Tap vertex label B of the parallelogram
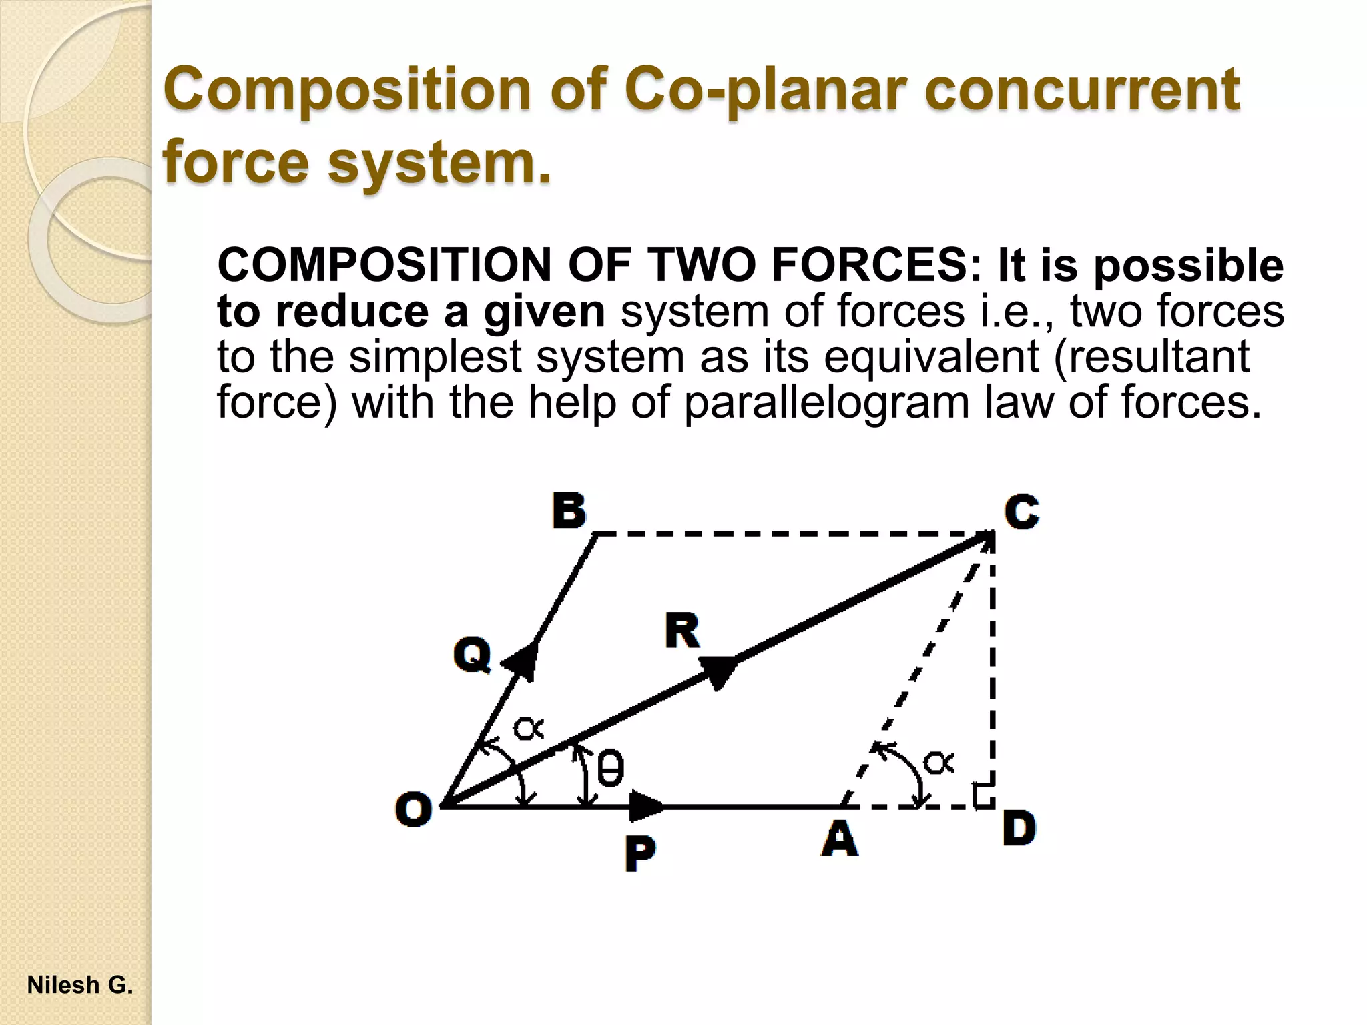tap(569, 511)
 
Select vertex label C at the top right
tap(1022, 512)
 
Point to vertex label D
tap(1019, 829)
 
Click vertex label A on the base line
tap(840, 838)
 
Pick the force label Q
tap(473, 654)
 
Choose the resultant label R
tap(682, 631)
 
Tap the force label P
tap(640, 853)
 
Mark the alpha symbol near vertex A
tap(938, 762)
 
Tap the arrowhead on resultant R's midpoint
tap(718, 671)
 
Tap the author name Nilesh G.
tap(80, 985)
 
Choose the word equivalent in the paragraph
tap(931, 357)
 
